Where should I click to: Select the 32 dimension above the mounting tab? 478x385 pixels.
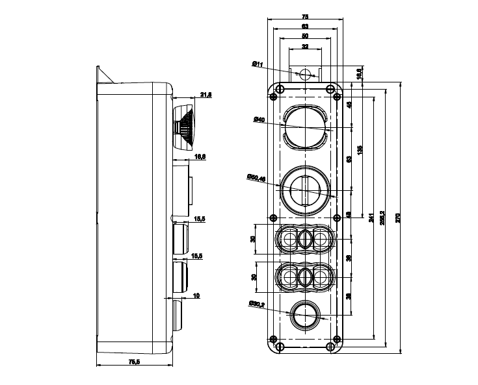click(305, 46)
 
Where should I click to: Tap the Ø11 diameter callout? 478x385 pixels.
click(258, 64)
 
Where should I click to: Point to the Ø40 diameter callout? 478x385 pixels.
click(259, 119)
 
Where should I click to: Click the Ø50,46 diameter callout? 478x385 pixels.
click(256, 178)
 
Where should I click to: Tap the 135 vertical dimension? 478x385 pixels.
click(360, 149)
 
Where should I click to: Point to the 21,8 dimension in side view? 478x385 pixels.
click(206, 95)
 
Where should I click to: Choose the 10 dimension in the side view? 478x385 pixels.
click(196, 296)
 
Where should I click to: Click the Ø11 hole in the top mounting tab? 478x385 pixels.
click(306, 73)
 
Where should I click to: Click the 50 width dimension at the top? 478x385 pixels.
click(305, 36)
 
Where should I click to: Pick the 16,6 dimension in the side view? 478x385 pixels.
click(200, 157)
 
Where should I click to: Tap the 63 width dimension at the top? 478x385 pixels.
click(305, 25)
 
